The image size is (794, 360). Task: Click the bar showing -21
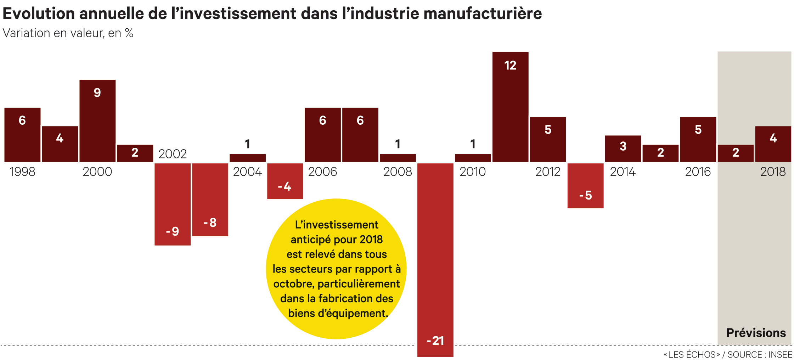click(435, 259)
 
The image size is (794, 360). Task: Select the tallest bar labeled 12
click(510, 107)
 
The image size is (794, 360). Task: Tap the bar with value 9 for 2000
click(97, 120)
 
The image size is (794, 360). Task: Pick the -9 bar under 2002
click(173, 204)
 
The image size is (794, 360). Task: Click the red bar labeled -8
click(210, 199)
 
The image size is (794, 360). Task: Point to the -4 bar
click(285, 181)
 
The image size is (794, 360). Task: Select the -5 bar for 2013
click(585, 185)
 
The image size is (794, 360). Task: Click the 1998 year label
click(22, 172)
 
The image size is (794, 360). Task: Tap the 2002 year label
click(173, 154)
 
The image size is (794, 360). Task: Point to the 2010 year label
click(473, 172)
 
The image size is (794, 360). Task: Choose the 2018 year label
click(773, 172)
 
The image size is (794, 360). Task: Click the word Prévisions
click(756, 333)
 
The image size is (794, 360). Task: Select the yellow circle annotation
click(336, 269)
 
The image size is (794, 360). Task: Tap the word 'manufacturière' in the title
click(483, 13)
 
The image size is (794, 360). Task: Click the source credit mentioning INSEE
click(728, 354)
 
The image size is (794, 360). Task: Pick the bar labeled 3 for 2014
click(623, 148)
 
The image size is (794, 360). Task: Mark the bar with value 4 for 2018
click(773, 144)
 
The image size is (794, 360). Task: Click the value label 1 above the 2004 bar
click(248, 144)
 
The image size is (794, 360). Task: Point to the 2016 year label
click(698, 172)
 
